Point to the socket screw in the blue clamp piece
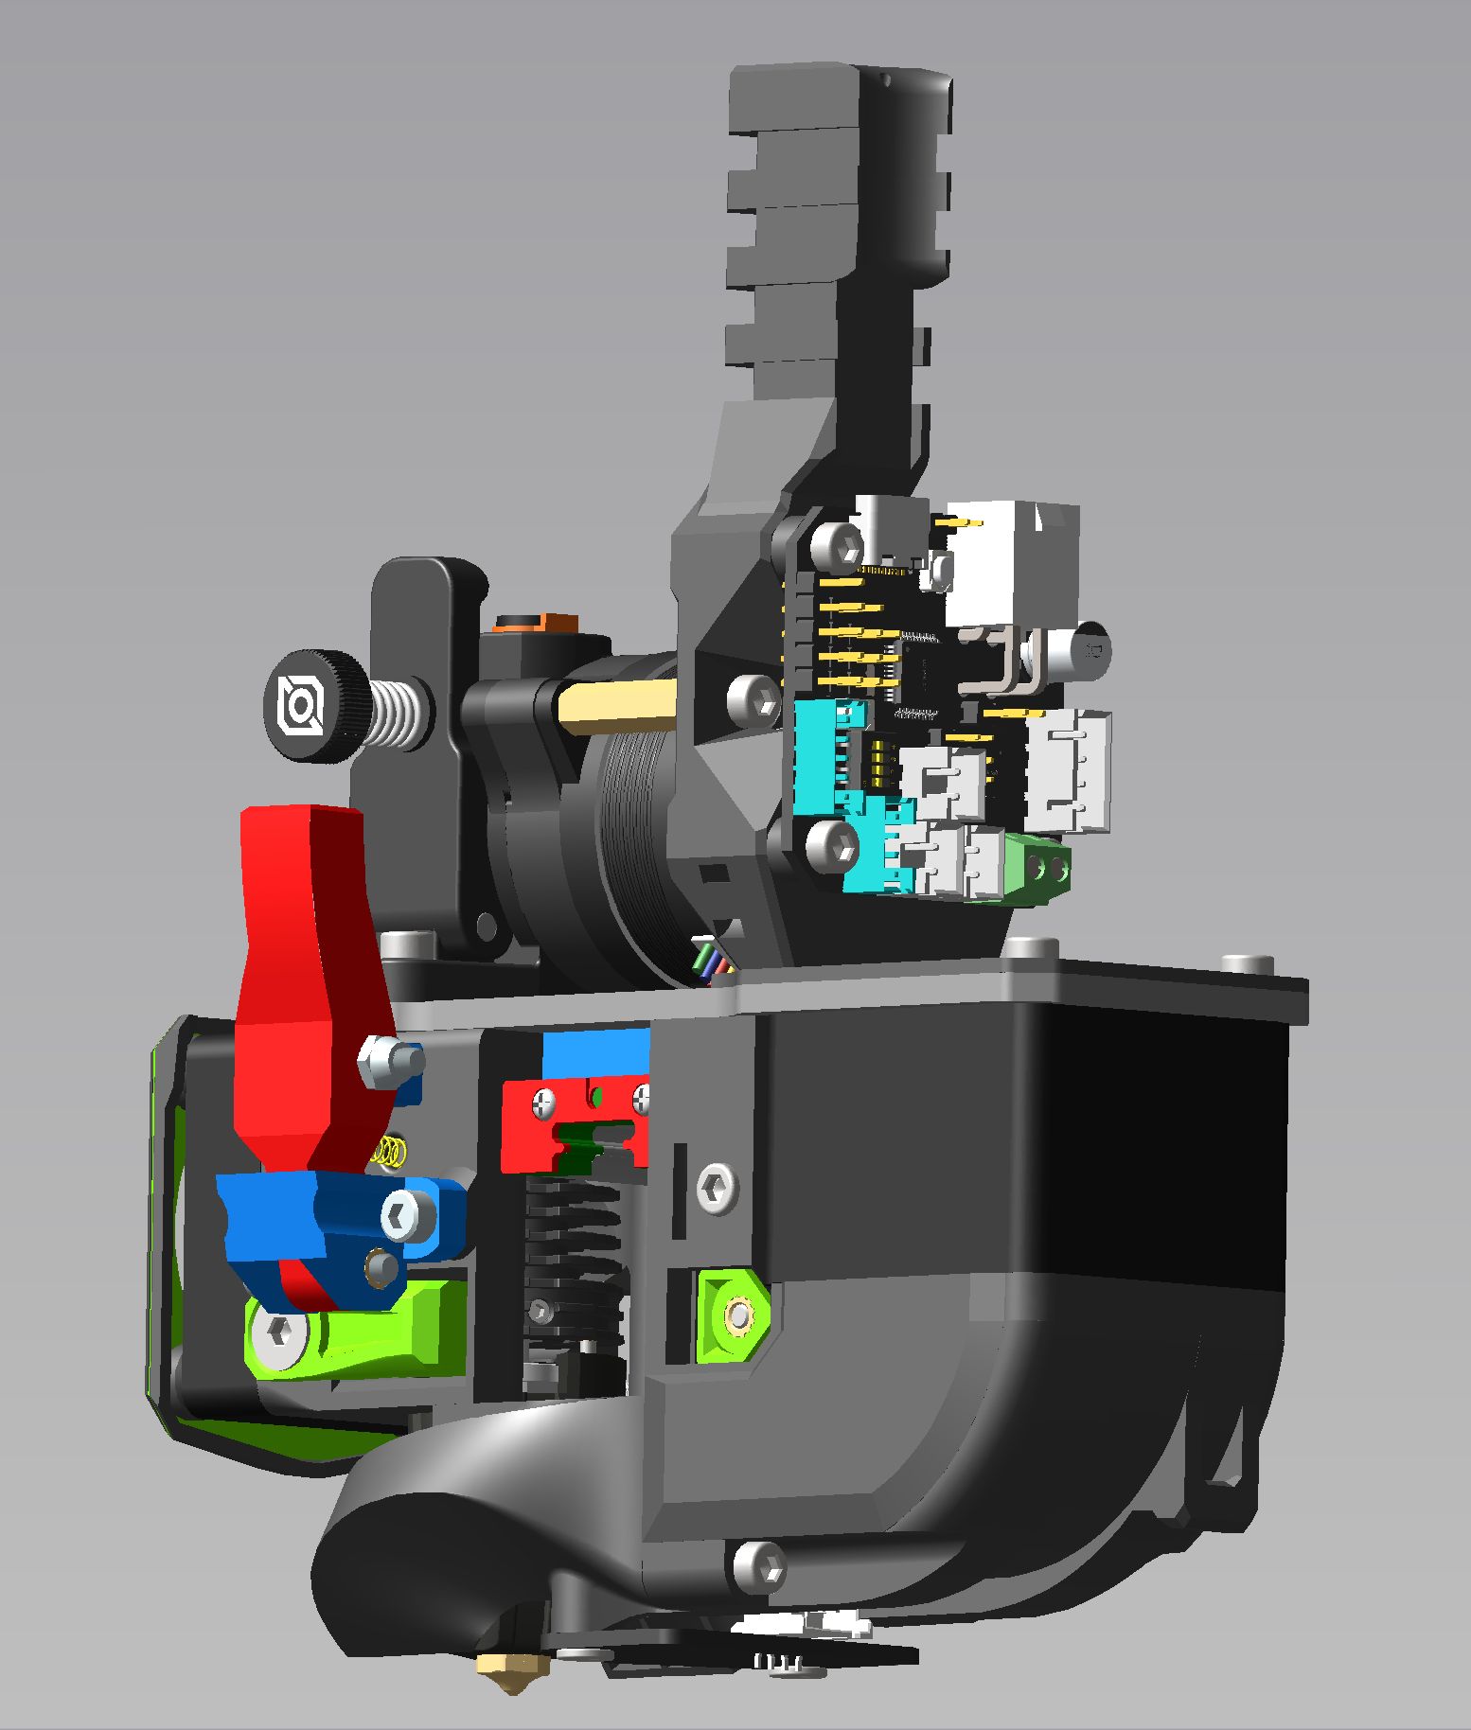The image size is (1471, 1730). tap(409, 1213)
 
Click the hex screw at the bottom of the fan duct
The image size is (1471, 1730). tap(760, 1566)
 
